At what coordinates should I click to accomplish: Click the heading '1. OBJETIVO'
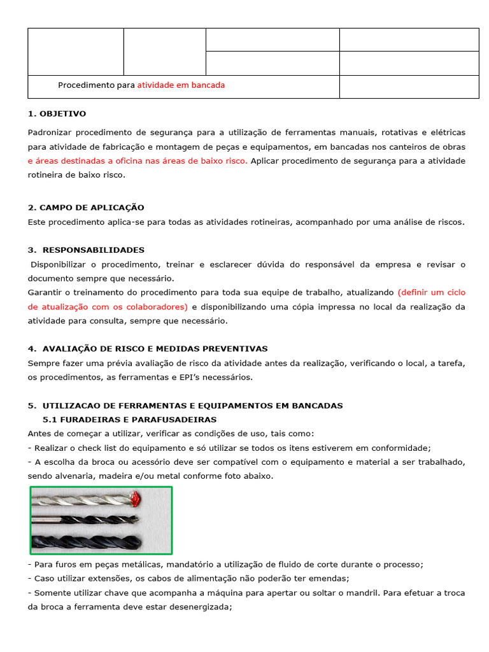[57, 114]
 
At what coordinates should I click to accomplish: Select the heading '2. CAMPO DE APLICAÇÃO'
[86, 208]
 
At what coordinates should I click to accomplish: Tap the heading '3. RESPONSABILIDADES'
[86, 250]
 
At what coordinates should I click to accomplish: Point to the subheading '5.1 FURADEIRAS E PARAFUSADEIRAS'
[129, 420]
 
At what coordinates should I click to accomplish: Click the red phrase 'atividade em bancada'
[181, 85]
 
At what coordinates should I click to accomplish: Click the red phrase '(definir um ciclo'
[431, 292]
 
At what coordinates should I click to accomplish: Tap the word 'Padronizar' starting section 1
[49, 132]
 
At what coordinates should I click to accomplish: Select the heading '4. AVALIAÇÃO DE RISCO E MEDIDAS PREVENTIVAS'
[148, 349]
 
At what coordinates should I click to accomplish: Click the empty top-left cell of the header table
[76, 52]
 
